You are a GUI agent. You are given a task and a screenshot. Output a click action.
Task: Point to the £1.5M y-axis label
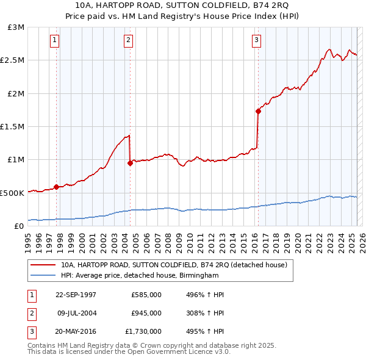(12, 127)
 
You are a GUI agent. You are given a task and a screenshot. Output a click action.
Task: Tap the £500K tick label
(12, 193)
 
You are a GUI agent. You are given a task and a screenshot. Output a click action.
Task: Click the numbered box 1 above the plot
(55, 41)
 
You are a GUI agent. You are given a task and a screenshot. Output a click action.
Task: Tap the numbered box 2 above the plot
(129, 41)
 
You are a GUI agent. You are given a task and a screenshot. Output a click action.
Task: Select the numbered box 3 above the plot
(256, 41)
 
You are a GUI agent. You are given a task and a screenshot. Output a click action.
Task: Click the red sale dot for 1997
(57, 187)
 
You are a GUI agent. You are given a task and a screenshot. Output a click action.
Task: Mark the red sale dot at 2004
(130, 163)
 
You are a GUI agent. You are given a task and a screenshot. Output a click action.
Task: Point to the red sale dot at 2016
(258, 111)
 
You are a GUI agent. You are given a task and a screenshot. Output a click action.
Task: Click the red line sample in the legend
(45, 265)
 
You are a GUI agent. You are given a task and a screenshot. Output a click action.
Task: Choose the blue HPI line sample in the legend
(45, 276)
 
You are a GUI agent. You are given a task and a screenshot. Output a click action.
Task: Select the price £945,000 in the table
(146, 313)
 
